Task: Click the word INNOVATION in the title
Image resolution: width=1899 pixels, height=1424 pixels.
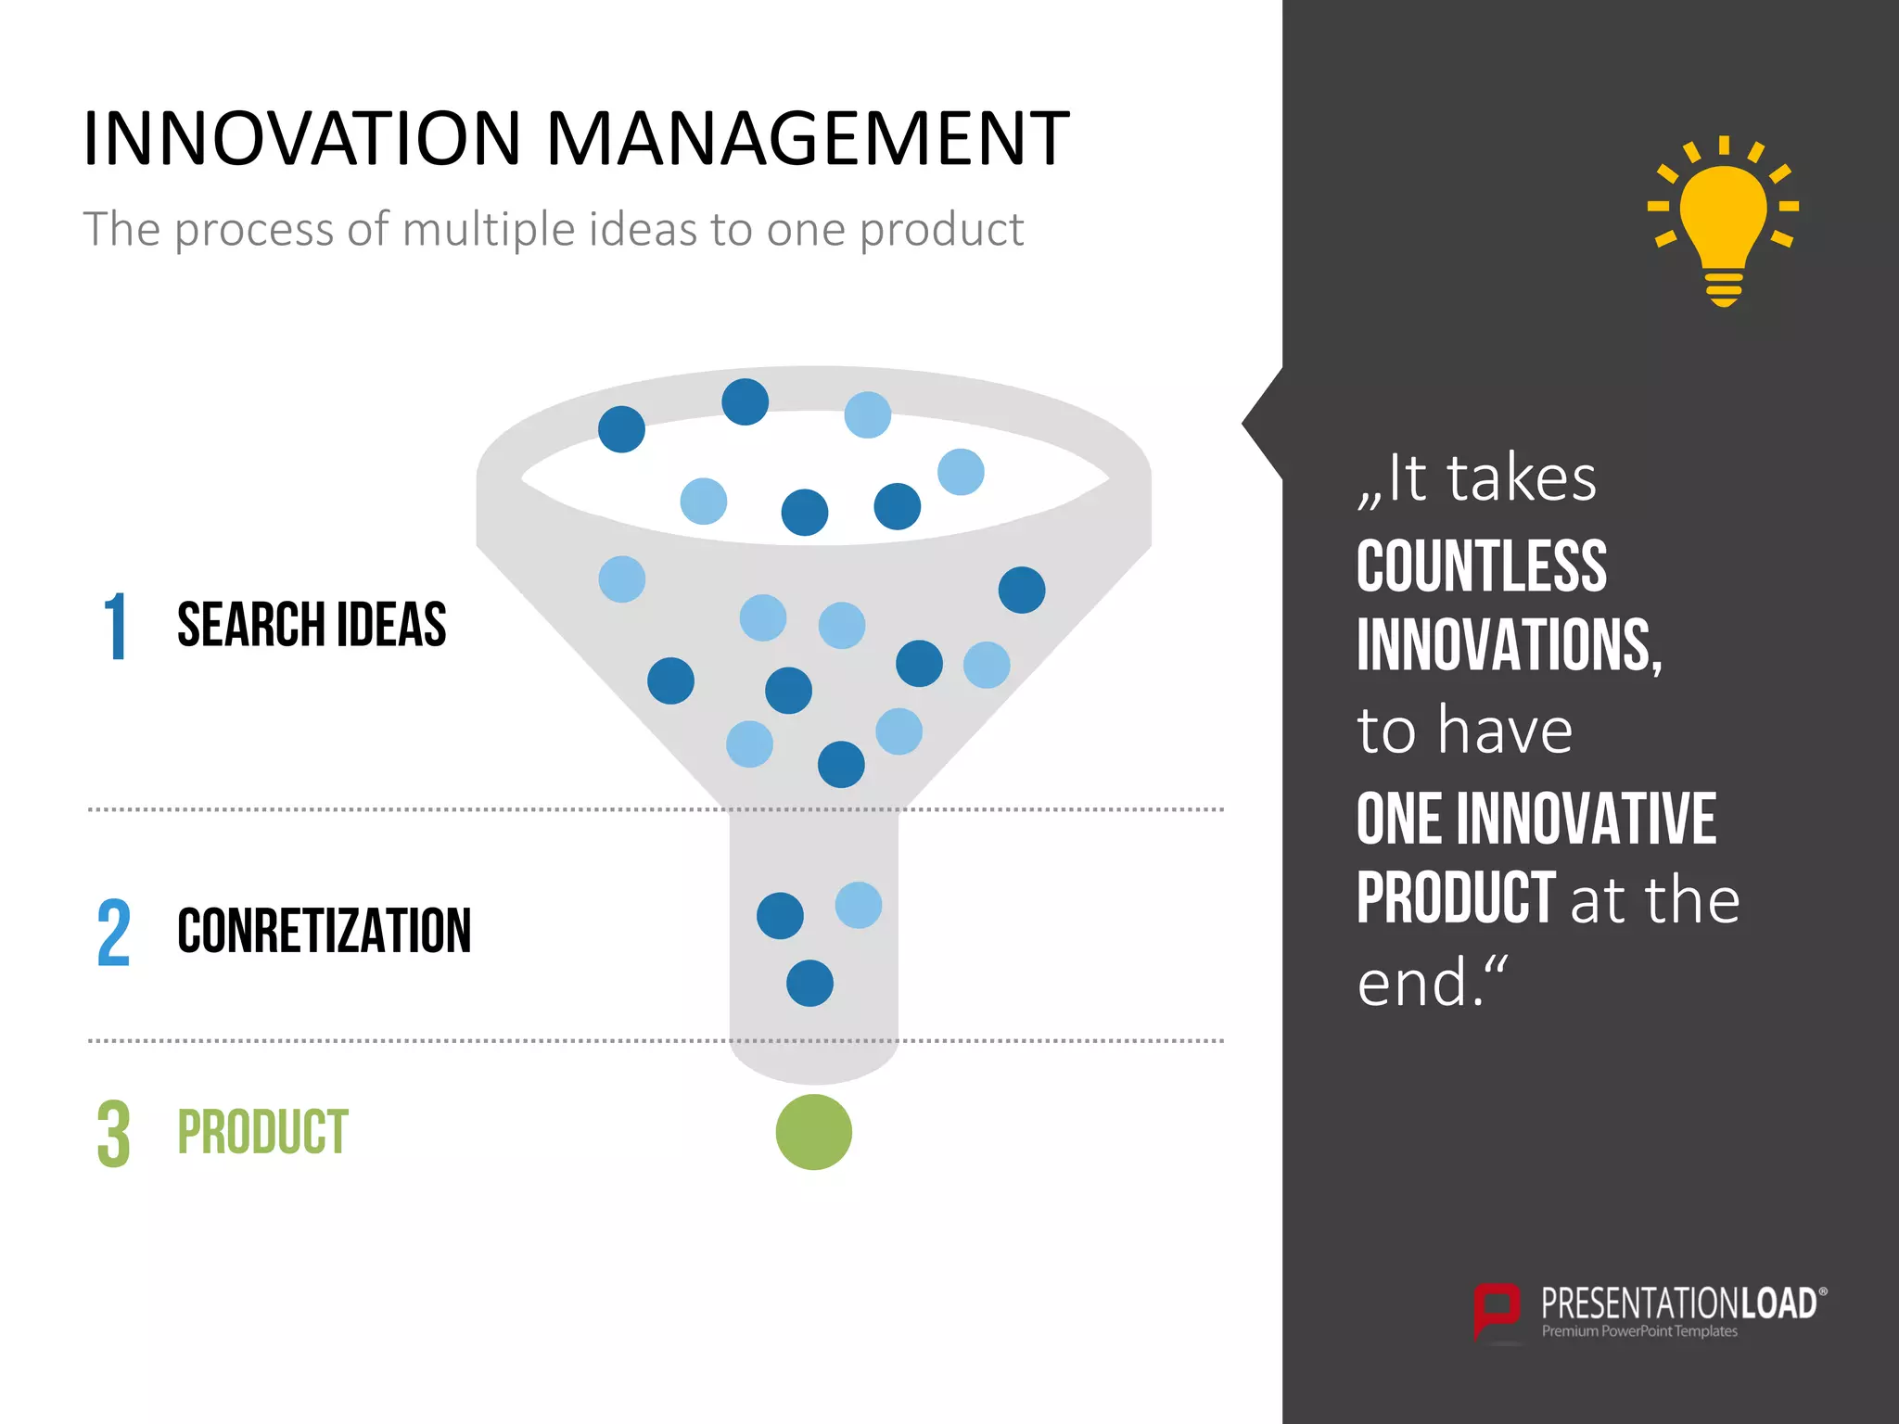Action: (x=302, y=139)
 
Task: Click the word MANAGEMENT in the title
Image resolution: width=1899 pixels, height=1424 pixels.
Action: (x=808, y=139)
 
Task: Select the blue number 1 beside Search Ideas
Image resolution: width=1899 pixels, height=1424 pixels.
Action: (x=115, y=628)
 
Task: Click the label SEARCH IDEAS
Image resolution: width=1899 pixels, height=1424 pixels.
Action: (x=312, y=625)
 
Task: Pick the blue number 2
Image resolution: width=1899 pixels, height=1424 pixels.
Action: (x=113, y=933)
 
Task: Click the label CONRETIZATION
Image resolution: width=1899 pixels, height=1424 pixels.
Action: (x=324, y=931)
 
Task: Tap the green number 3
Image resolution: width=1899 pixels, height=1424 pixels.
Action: (x=113, y=1134)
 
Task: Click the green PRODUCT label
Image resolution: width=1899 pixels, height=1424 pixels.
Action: (x=262, y=1132)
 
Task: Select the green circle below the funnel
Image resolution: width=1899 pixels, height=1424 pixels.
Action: (x=813, y=1132)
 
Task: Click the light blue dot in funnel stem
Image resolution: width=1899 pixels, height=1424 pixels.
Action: (x=858, y=905)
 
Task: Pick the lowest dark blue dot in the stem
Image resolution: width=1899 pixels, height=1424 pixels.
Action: (x=809, y=983)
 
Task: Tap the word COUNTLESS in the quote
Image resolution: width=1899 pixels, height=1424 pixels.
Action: (x=1481, y=566)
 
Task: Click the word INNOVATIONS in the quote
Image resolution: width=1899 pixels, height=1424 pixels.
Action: (x=1508, y=645)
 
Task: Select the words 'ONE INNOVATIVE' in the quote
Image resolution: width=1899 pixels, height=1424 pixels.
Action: (x=1536, y=819)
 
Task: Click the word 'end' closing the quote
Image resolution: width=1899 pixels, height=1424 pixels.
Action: (x=1412, y=983)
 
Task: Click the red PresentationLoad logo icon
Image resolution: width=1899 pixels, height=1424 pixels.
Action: (x=1497, y=1310)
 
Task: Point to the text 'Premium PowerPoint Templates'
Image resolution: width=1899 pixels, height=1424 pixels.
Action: (x=1638, y=1331)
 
